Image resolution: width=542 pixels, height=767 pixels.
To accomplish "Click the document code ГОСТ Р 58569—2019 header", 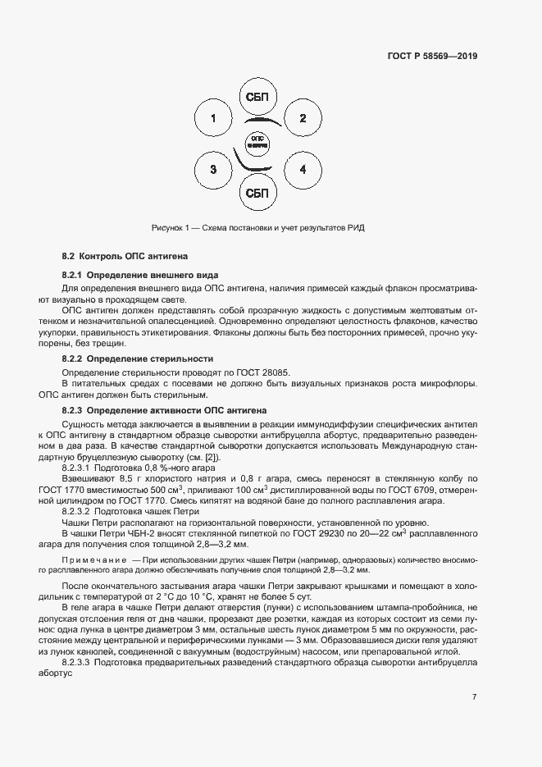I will click(x=431, y=57).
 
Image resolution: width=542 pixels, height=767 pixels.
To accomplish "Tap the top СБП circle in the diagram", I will click(x=257, y=98).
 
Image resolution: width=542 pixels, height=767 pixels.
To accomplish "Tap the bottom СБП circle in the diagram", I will click(x=257, y=193).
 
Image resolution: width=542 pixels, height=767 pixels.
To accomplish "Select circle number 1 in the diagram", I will click(x=213, y=119).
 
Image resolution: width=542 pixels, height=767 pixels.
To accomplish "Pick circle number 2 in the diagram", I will click(x=303, y=119).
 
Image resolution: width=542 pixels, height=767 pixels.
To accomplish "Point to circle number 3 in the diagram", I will click(x=213, y=170).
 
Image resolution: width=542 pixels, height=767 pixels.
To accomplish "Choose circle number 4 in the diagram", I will click(x=303, y=170).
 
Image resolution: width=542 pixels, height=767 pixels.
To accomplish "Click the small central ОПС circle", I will click(x=257, y=142).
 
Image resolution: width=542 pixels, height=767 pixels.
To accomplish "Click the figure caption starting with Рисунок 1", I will click(x=257, y=228).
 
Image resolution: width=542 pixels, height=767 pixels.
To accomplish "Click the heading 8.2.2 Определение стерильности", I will click(x=138, y=358).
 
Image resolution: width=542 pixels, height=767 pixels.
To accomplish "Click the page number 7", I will click(x=474, y=697).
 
